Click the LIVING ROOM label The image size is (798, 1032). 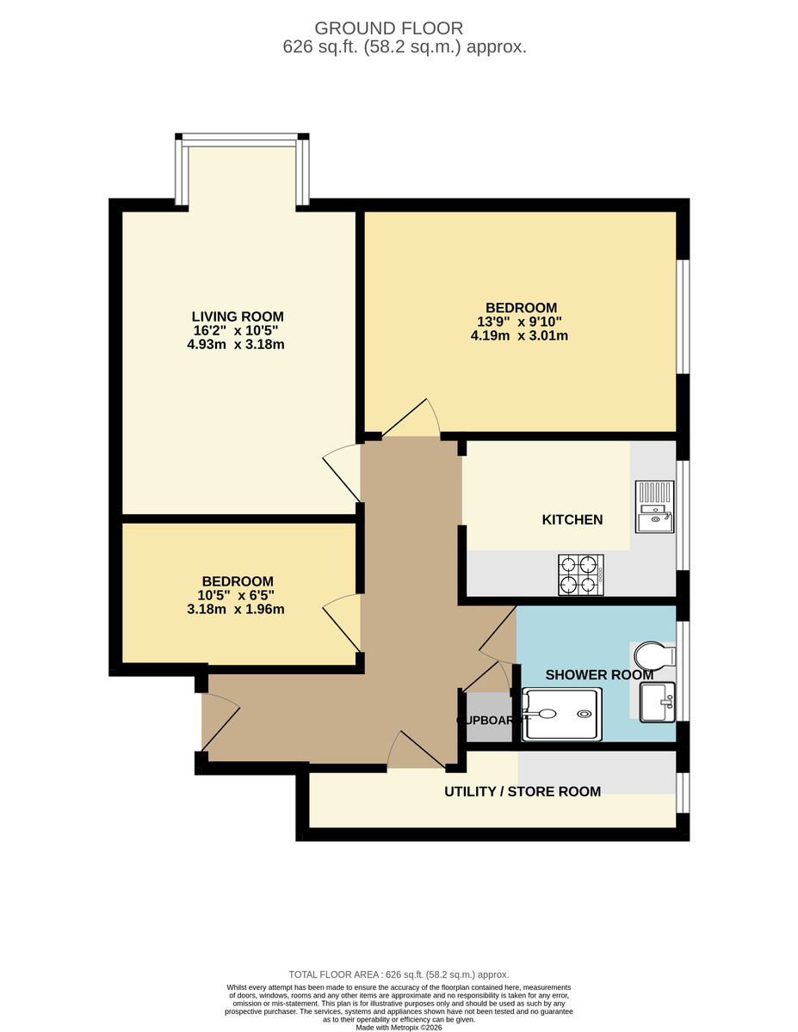point(237,316)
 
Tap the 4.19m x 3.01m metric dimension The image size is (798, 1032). point(519,336)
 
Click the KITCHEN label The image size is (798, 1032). point(572,519)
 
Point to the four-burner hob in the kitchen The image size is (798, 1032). point(578,574)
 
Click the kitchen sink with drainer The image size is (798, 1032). point(654,506)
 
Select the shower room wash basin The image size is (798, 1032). point(659,702)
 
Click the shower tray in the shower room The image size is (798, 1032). point(560,714)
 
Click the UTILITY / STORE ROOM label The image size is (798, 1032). point(522,791)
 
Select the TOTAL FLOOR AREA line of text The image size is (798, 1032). point(399,974)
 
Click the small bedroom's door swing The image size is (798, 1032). point(343,621)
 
